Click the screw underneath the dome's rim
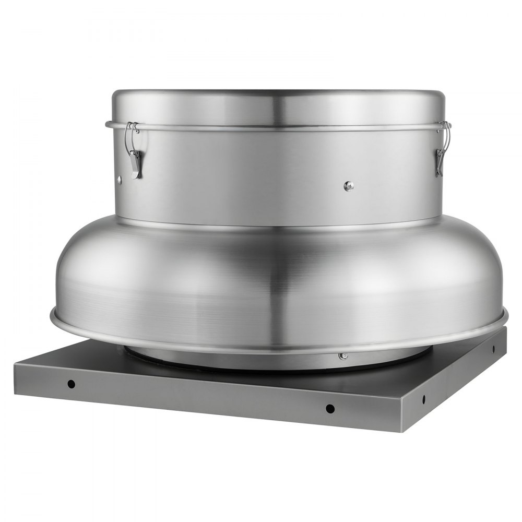pyautogui.click(x=343, y=357)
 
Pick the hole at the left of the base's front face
pyautogui.click(x=72, y=384)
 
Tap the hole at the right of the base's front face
pyautogui.click(x=330, y=408)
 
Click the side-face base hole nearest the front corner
pyautogui.click(x=424, y=399)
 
